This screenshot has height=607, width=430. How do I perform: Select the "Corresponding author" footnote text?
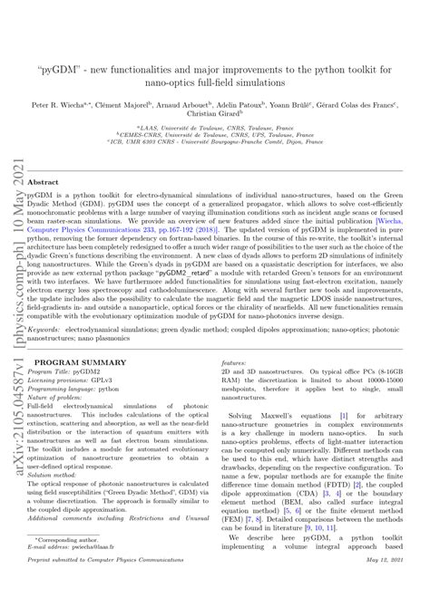(70, 539)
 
